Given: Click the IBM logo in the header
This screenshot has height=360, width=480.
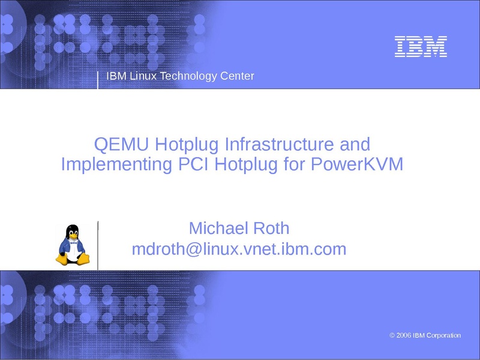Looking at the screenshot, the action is [421, 47].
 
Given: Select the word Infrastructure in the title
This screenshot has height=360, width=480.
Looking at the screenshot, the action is [279, 144].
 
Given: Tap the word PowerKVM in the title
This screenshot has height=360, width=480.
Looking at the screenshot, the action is [357, 164].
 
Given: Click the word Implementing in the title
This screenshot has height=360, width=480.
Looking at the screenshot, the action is [116, 164].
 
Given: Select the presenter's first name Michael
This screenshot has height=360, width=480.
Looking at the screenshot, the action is [218, 228].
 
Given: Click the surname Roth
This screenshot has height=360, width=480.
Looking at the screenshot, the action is [271, 228].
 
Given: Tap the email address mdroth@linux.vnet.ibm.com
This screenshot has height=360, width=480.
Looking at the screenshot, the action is [239, 249].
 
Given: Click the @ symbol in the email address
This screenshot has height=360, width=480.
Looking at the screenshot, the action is [193, 250].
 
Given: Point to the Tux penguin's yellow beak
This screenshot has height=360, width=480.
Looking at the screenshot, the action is [73, 236].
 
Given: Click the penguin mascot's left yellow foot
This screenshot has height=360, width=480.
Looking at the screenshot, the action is [62, 259].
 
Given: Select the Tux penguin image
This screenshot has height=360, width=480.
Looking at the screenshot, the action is [73, 245].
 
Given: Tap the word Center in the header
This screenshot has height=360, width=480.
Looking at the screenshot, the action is [237, 76].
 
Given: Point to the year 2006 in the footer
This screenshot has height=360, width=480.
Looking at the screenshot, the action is [404, 335].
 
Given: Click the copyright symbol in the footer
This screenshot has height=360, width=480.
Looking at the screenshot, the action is [392, 335].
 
